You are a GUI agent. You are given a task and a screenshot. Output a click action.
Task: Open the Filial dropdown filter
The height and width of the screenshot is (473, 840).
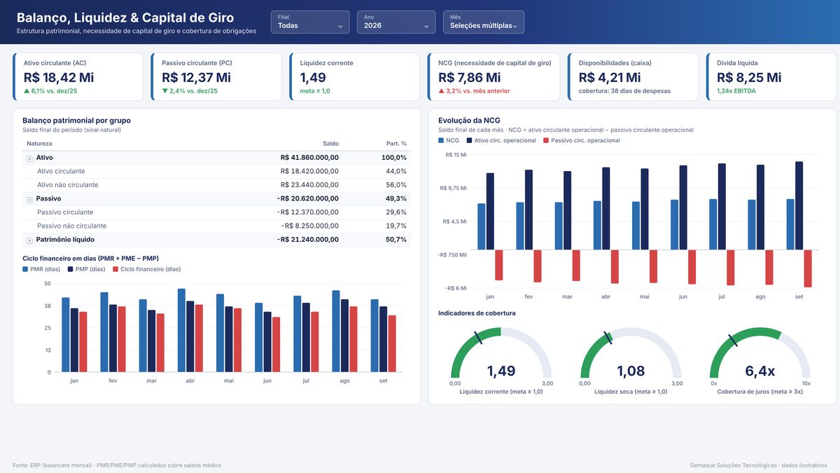(310, 22)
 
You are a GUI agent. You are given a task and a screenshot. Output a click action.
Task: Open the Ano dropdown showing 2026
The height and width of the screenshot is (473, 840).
(396, 22)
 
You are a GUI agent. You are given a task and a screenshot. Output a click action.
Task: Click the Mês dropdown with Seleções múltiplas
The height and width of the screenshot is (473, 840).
(484, 22)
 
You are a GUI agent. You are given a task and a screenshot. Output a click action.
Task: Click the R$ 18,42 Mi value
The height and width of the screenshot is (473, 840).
(59, 77)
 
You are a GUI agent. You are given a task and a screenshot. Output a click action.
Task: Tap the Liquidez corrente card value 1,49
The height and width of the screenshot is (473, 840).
(313, 77)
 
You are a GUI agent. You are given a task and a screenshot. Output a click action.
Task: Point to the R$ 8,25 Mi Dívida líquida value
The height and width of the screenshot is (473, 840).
(749, 77)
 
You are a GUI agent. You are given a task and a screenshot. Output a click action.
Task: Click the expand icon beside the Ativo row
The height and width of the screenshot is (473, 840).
(29, 159)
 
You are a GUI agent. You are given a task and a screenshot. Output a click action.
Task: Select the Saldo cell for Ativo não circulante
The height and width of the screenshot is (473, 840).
(309, 185)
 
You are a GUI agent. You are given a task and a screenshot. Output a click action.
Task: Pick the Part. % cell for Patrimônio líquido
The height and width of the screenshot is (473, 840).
(396, 240)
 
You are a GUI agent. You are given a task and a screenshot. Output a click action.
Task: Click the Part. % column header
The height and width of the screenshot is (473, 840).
(396, 144)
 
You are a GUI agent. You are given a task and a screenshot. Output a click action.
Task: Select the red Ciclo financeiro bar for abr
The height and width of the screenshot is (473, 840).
(199, 338)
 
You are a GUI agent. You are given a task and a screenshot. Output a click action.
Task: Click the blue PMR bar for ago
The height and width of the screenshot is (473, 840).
(336, 331)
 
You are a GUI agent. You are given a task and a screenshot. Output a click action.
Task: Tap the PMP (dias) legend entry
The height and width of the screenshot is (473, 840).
(87, 269)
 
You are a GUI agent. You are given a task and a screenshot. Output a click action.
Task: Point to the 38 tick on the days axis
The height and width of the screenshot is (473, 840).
(48, 306)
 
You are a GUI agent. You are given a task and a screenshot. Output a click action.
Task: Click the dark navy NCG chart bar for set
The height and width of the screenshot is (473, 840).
(799, 206)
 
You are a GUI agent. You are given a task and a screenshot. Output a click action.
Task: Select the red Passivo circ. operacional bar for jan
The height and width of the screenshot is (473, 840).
(498, 265)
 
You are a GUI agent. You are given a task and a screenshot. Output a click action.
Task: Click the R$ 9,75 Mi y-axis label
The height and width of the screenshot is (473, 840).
(454, 188)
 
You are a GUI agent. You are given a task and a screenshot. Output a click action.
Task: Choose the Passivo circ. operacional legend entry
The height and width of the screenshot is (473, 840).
(582, 140)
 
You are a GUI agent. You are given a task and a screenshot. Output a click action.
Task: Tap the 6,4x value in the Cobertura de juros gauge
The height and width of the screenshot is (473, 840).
(759, 371)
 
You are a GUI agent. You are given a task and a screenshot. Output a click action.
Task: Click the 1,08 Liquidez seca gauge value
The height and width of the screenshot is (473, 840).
(631, 371)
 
